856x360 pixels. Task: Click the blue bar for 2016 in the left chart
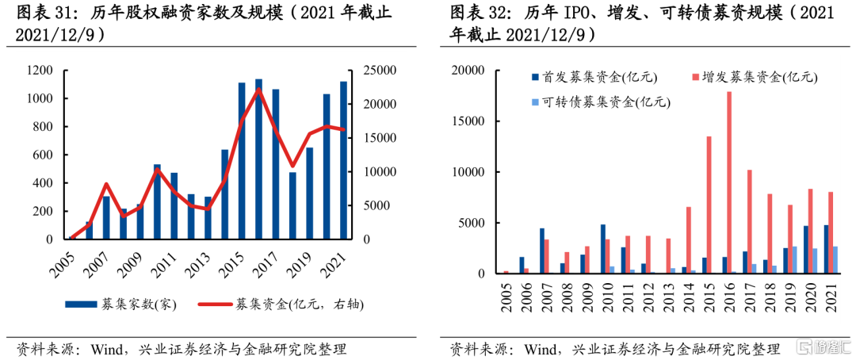pos(258,159)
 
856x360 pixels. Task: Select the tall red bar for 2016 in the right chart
pos(729,182)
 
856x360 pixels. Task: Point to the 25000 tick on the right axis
pos(380,71)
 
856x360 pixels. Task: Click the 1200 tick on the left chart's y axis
pos(39,71)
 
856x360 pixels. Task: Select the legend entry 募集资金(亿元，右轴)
pos(289,303)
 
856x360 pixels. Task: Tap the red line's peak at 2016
pos(258,89)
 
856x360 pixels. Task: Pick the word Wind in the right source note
pos(541,349)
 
